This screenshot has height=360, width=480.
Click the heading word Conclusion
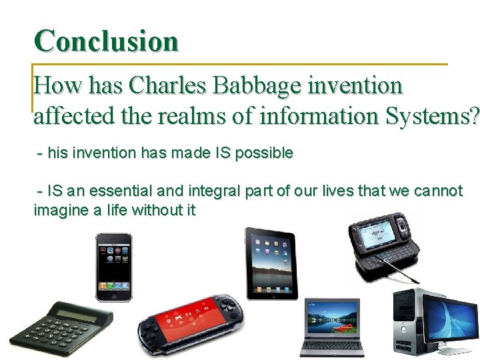(x=107, y=41)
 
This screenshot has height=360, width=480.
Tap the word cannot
(x=438, y=191)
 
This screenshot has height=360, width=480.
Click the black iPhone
(x=113, y=267)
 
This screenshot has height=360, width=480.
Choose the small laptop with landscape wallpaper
(x=331, y=327)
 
